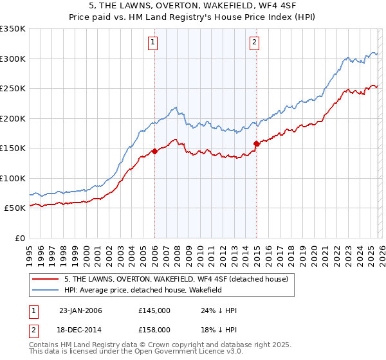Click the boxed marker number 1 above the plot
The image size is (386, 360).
(x=153, y=43)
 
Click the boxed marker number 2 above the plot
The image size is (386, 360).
(x=255, y=43)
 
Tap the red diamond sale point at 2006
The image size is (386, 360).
(x=154, y=152)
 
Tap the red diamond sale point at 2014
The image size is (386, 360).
(x=256, y=144)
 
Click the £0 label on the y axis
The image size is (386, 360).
(x=19, y=238)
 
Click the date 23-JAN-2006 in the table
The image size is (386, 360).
(x=80, y=310)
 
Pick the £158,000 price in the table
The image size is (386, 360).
(x=154, y=330)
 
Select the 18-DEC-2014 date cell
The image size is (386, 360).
(x=80, y=330)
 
